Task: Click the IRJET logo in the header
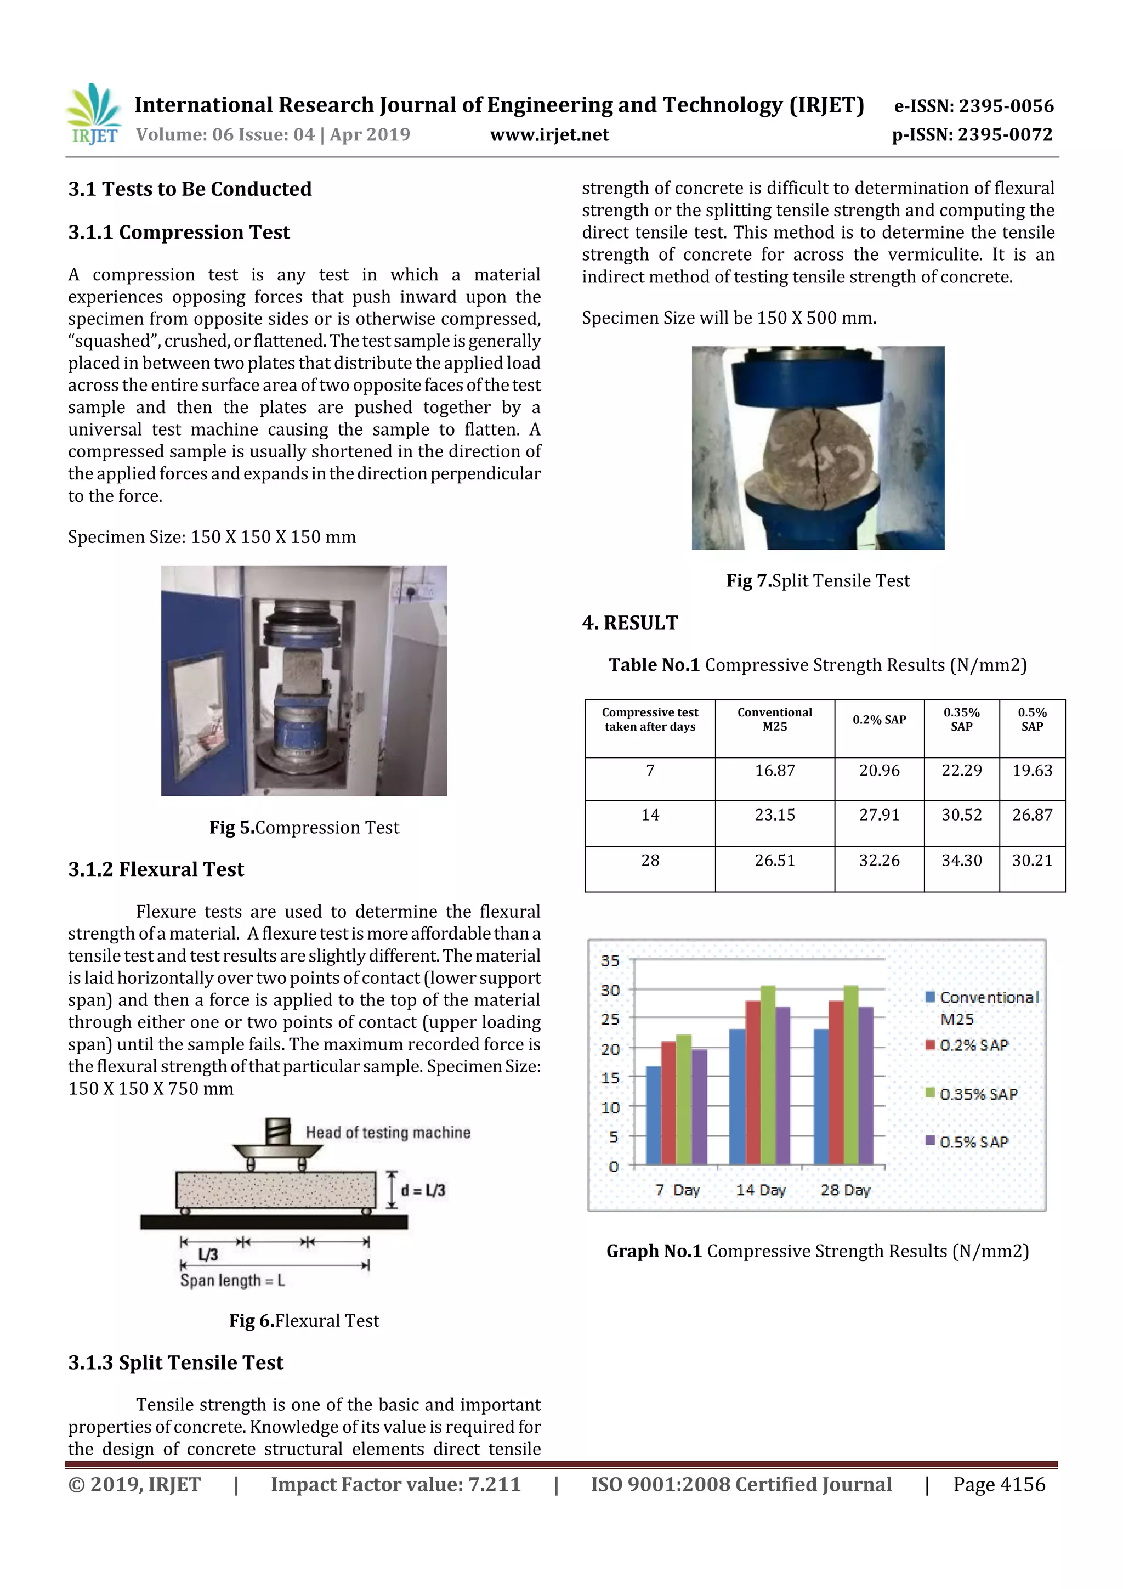point(93,114)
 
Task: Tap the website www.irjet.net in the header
point(549,135)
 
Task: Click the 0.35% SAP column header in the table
point(961,720)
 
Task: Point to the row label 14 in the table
point(650,815)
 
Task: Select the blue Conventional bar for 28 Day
point(821,1097)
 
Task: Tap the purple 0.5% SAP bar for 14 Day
point(782,1087)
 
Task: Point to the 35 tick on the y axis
point(610,960)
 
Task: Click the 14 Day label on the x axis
point(761,1190)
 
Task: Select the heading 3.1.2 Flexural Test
point(156,869)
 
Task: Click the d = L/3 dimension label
point(423,1190)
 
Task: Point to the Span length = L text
point(232,1280)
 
